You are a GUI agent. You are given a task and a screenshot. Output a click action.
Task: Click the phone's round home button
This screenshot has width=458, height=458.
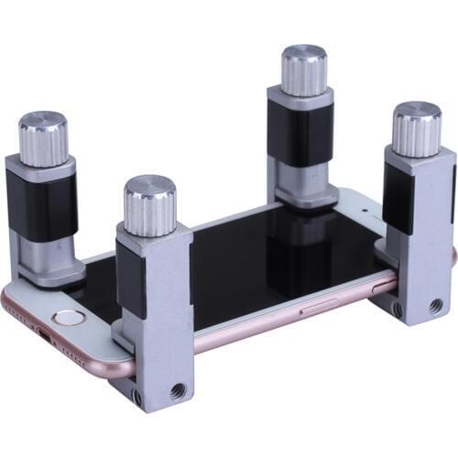pyautogui.click(x=67, y=318)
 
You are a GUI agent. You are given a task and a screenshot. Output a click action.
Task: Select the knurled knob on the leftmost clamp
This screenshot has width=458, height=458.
pyautogui.click(x=43, y=135)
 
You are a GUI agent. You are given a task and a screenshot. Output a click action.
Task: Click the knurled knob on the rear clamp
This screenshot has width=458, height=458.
pyautogui.click(x=303, y=70)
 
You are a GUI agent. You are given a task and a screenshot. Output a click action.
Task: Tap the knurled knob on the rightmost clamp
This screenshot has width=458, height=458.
pyautogui.click(x=417, y=127)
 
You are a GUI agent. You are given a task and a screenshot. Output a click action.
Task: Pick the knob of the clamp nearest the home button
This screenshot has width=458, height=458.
pyautogui.click(x=150, y=203)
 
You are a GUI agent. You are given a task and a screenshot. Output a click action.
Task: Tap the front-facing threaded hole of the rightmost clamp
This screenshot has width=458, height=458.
pyautogui.click(x=435, y=305)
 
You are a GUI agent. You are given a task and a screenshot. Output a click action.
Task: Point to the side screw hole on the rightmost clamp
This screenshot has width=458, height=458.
pyautogui.click(x=397, y=310)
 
